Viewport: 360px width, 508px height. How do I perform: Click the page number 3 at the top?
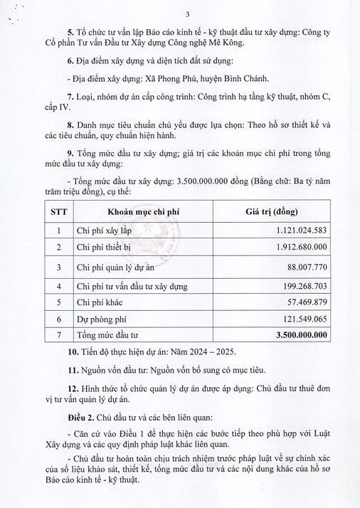pos(187,14)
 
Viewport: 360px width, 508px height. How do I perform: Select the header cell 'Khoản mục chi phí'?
pos(140,212)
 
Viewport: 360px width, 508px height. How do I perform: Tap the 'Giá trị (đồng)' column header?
pos(272,212)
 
